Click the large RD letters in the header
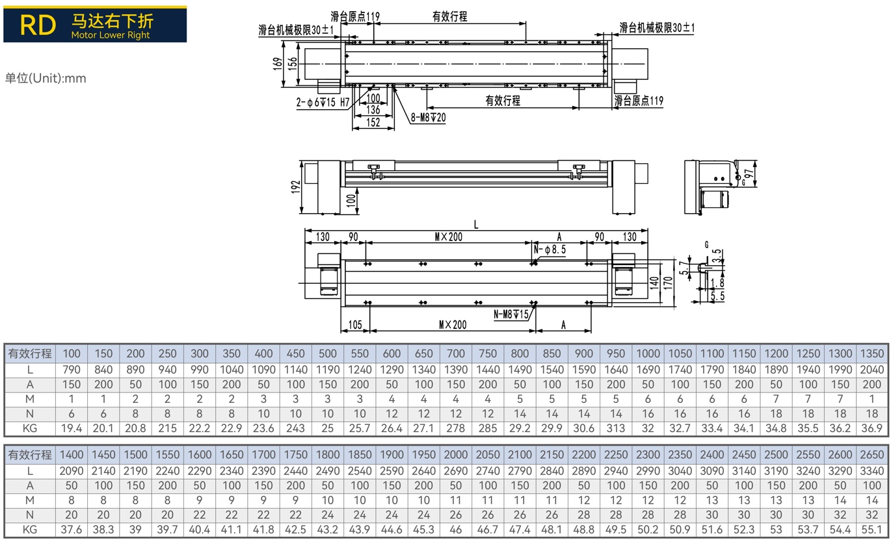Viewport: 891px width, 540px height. click(38, 25)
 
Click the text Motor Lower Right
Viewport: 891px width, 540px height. click(111, 35)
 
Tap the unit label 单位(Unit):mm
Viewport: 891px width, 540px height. click(46, 78)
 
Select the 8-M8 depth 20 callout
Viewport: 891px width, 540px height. click(428, 118)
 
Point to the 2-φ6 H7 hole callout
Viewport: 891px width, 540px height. click(323, 103)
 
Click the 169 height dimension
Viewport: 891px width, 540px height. click(277, 64)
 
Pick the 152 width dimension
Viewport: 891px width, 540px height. click(373, 122)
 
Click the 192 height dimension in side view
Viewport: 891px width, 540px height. click(295, 187)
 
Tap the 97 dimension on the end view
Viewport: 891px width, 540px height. click(749, 174)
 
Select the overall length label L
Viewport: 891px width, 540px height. click(476, 225)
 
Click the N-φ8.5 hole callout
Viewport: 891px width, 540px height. click(550, 250)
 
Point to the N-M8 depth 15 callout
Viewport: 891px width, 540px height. click(511, 315)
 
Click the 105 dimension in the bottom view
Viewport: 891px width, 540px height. click(355, 325)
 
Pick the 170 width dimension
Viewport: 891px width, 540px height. click(668, 283)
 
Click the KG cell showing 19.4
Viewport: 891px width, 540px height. click(72, 428)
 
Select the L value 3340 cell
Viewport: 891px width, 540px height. click(872, 471)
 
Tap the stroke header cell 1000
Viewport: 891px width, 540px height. click(648, 354)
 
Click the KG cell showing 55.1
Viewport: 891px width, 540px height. click(872, 529)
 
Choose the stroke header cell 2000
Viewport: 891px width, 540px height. click(456, 455)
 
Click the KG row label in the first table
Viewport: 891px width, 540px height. click(30, 428)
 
